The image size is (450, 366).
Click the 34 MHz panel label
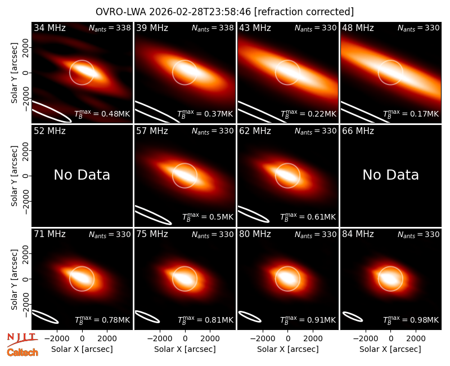[49, 28]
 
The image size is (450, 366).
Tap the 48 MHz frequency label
[358, 28]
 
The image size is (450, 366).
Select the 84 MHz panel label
[358, 234]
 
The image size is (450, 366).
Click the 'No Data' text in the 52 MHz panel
[82, 175]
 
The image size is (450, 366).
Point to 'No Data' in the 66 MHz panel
[390, 175]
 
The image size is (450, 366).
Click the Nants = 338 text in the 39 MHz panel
[213, 28]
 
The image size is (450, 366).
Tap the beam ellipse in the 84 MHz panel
[353, 316]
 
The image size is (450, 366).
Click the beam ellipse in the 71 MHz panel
[46, 316]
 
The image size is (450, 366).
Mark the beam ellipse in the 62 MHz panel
[254, 214]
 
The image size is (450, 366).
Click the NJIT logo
[22, 340]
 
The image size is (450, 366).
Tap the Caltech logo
[22, 352]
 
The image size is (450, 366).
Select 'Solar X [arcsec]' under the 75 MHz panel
[185, 349]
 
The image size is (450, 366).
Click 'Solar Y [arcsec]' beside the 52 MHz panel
[15, 176]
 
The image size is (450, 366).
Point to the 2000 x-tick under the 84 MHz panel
[416, 339]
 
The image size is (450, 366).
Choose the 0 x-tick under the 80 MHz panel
[288, 339]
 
